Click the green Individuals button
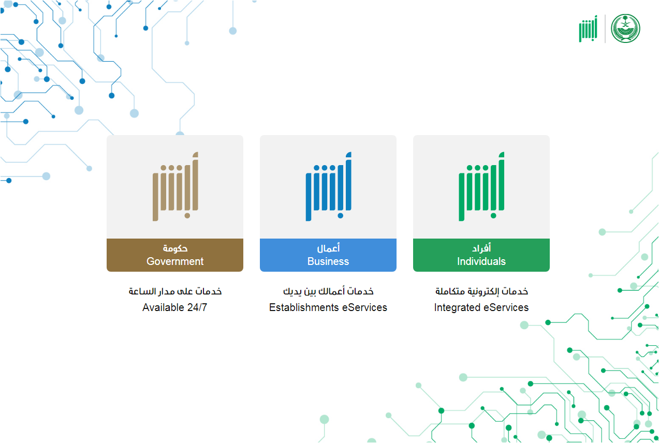(481, 255)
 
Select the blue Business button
(328, 255)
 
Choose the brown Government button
(175, 255)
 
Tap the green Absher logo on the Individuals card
(481, 186)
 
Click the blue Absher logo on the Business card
(328, 186)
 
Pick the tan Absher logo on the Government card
(175, 186)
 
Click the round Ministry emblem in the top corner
(625, 28)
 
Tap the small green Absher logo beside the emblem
(588, 28)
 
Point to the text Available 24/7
(175, 307)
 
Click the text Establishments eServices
(328, 307)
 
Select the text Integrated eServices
(481, 307)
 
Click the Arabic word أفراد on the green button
(481, 248)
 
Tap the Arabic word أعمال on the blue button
(328, 248)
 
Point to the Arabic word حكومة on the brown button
(175, 248)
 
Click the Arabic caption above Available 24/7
(175, 291)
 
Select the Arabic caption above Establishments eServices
(328, 291)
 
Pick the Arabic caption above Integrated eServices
(481, 291)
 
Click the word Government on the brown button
(175, 261)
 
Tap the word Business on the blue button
(328, 261)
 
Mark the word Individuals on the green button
(481, 261)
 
